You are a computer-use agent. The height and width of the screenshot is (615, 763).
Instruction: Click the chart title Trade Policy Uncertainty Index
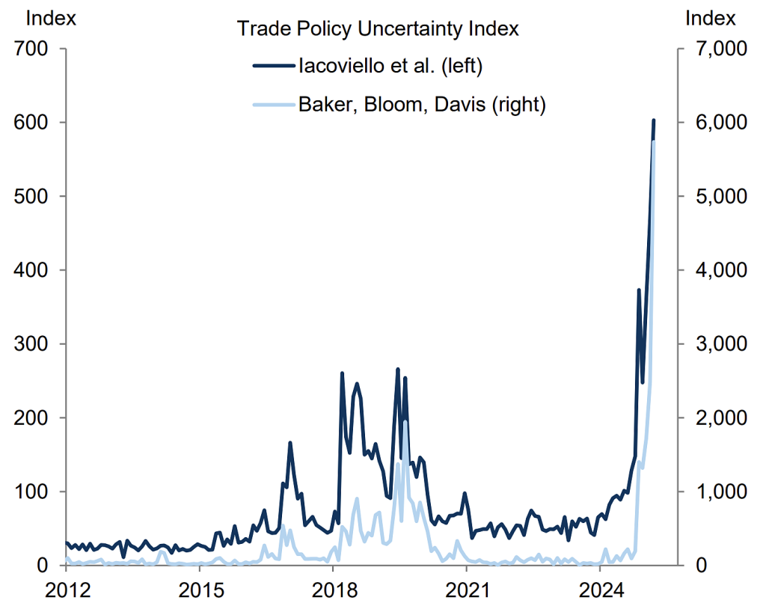point(378,29)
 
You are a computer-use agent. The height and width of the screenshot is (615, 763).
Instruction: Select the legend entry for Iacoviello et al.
point(391,66)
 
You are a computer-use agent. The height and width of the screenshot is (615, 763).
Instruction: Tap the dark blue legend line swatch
point(272,67)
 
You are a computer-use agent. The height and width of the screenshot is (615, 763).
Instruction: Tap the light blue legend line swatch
point(272,105)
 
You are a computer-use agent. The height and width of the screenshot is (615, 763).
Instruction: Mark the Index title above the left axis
point(51,19)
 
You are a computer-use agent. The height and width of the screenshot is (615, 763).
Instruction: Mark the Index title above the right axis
point(711,19)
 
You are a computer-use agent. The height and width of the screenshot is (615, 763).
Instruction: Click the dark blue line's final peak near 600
point(654,120)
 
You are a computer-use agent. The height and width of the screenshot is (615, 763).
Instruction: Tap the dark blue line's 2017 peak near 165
point(289,443)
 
